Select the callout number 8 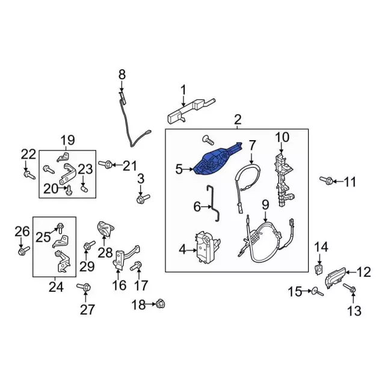point(122,75)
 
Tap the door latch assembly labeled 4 point(205,248)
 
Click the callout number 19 point(67,141)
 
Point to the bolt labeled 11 point(327,180)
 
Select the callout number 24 point(56,287)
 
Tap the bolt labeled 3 point(142,198)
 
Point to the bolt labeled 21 point(109,164)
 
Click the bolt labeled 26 point(22,251)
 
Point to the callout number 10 point(282,138)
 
